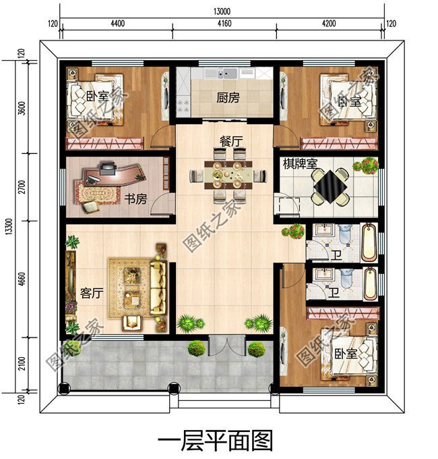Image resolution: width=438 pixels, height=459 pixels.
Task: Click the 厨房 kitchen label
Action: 228,97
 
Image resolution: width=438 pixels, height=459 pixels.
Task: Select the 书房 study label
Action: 135,199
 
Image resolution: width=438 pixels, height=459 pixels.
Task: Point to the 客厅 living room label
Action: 91,294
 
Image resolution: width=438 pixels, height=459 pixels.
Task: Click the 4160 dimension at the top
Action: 224,25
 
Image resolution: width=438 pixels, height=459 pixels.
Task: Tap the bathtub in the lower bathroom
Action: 371,284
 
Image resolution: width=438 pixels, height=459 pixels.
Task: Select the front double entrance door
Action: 225,346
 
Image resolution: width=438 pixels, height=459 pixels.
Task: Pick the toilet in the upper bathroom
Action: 344,235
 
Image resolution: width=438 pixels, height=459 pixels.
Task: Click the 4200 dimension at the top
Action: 330,25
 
